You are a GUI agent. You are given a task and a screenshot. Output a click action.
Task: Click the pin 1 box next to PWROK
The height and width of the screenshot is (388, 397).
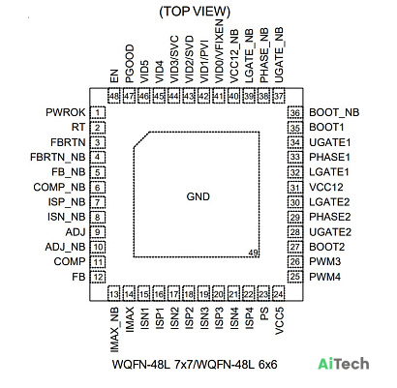(98, 113)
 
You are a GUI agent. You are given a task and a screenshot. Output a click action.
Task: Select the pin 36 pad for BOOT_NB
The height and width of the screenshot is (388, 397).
(295, 113)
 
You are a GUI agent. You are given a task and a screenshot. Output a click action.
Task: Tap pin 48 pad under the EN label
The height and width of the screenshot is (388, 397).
(114, 96)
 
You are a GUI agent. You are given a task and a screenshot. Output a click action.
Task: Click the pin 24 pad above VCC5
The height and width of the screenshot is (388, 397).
(279, 294)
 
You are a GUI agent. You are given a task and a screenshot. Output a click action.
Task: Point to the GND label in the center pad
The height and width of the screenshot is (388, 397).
(198, 196)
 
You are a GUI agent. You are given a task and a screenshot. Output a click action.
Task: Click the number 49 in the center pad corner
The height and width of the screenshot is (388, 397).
(254, 253)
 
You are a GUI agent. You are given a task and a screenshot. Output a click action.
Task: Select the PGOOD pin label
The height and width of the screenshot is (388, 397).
(129, 64)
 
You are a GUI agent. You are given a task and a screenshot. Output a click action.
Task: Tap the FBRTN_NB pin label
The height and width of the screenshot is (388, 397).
(58, 157)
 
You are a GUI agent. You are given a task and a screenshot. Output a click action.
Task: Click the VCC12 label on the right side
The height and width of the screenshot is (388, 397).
(326, 187)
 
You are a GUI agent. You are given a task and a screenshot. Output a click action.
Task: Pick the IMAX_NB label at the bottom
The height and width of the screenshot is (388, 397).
(114, 329)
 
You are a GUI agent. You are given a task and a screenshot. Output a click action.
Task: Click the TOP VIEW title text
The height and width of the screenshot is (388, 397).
(195, 12)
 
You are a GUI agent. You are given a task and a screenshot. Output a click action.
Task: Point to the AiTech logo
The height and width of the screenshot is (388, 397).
(344, 364)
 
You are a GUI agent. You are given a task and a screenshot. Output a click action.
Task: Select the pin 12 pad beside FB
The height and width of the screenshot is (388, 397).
(98, 277)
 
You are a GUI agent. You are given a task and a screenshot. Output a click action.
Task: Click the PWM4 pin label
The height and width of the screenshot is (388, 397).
(325, 277)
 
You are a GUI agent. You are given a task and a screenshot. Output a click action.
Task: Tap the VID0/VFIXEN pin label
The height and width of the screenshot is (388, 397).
(219, 51)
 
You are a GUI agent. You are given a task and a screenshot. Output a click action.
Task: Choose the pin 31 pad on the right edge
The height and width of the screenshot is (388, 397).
(295, 188)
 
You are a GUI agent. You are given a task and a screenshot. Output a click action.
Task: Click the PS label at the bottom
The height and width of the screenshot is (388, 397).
(264, 313)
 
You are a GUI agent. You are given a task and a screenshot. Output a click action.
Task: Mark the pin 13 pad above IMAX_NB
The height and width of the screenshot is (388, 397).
(114, 294)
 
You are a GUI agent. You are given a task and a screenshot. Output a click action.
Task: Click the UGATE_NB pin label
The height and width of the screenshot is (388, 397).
(279, 55)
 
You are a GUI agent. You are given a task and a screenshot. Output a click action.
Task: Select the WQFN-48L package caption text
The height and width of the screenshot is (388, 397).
(195, 365)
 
